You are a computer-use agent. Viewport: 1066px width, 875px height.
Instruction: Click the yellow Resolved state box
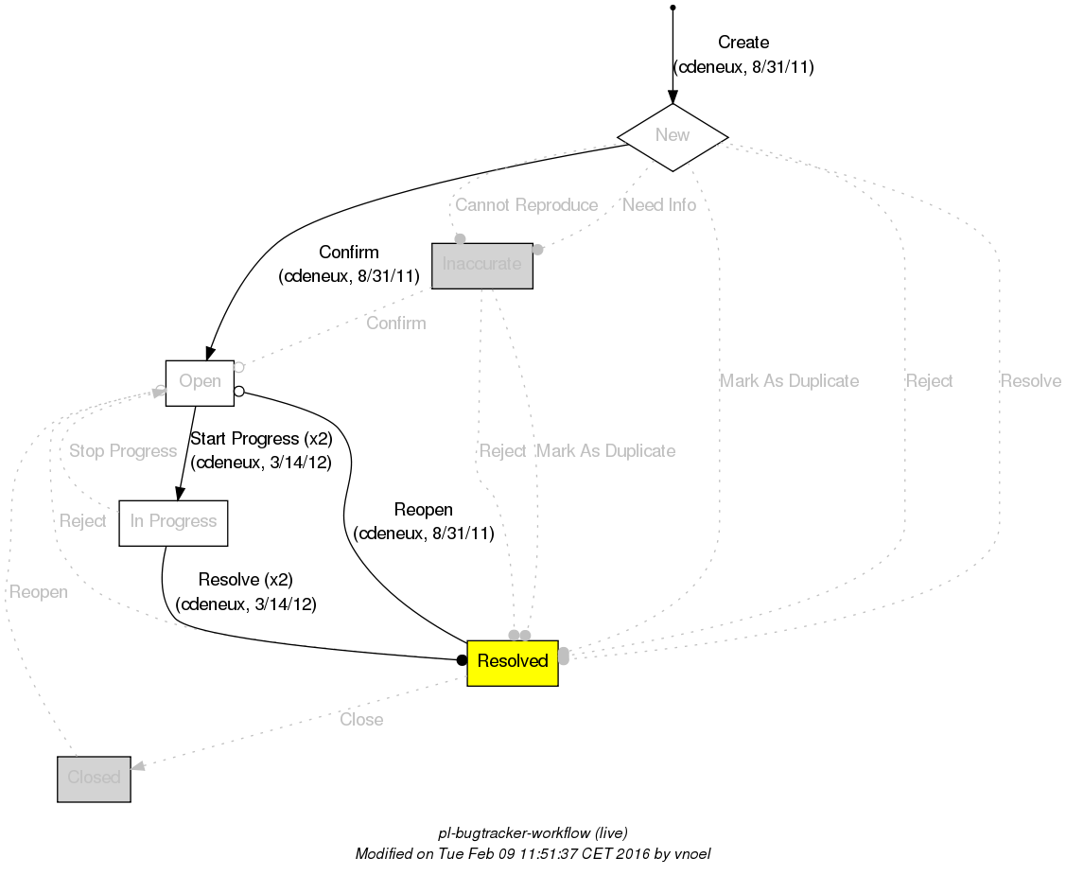tap(512, 661)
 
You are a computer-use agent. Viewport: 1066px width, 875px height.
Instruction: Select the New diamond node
tap(673, 135)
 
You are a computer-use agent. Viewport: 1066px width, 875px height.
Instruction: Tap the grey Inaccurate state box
tap(482, 265)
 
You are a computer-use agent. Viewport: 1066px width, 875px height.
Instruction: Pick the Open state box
tap(200, 382)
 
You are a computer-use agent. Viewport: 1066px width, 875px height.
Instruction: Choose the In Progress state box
tap(173, 522)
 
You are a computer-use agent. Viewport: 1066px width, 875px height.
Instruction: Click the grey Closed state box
tap(94, 779)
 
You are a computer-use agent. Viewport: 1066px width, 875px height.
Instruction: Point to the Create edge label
tap(743, 43)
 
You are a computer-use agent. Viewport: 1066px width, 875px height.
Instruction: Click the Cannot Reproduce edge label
tap(526, 205)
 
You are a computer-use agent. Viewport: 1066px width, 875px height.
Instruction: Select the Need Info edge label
tap(659, 205)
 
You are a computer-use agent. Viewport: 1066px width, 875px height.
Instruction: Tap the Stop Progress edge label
tap(123, 451)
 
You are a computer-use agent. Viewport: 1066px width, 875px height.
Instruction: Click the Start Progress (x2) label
tap(261, 439)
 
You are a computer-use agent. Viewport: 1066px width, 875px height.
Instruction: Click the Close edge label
tap(361, 720)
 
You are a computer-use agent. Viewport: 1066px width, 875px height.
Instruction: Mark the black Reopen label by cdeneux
tap(423, 510)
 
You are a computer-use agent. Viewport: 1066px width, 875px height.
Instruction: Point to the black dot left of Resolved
tap(462, 660)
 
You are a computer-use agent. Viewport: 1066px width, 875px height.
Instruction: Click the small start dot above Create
tap(673, 8)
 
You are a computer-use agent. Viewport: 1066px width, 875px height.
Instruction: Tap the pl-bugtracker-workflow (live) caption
tap(533, 833)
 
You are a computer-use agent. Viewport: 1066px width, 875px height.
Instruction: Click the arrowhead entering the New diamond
tap(673, 96)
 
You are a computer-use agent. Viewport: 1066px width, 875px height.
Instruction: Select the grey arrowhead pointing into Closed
tap(138, 766)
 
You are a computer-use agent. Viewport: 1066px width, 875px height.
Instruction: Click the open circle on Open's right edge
tap(239, 391)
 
